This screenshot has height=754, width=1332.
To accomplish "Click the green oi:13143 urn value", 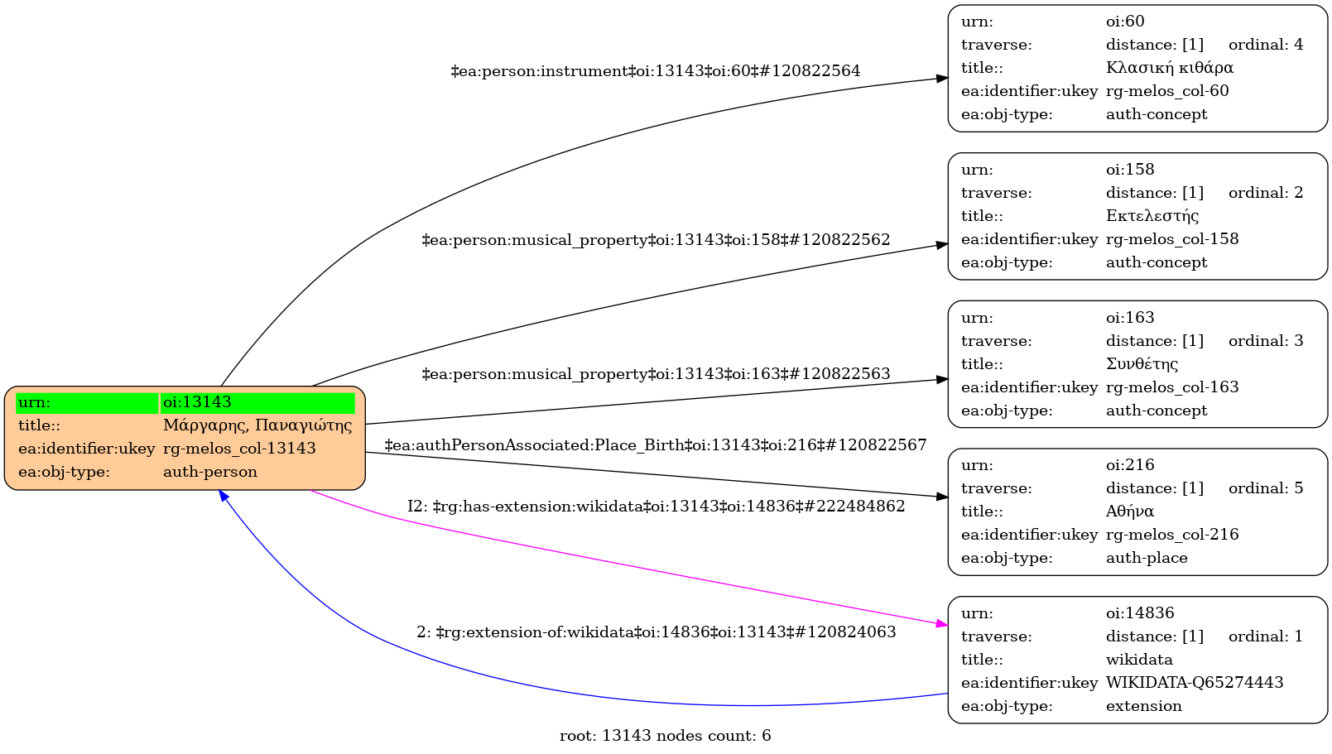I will point(257,402).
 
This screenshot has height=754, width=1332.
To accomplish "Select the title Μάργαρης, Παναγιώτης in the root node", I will point(257,425).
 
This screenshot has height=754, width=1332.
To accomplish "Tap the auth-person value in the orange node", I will point(210,472).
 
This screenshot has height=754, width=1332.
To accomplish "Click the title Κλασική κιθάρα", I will point(1169,68).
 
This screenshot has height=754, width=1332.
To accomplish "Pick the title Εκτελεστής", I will point(1152,216).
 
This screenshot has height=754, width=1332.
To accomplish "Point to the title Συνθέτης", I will point(1142,364).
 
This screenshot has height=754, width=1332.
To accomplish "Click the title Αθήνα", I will point(1129,511).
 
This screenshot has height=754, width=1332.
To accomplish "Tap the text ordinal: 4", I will point(1265,45).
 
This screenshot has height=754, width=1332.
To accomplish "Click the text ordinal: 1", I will point(1265,636).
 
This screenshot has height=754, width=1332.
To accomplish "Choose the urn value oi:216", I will point(1129,465).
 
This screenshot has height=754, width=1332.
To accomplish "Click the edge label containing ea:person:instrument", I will point(655,71).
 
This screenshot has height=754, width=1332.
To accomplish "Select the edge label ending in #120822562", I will point(656,240).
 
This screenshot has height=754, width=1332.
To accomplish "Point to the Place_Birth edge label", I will point(655,445).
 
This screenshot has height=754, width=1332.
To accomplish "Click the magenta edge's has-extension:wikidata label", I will point(656,507).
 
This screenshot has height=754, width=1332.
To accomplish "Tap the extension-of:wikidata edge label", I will point(656,632).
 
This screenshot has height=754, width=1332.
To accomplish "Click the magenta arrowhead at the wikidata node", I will point(941,623).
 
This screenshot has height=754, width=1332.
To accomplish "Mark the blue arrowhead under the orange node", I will point(223,495).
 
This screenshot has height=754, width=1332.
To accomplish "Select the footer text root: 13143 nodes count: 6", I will point(665,736).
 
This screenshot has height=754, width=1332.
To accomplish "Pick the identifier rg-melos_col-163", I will point(1171,387).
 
